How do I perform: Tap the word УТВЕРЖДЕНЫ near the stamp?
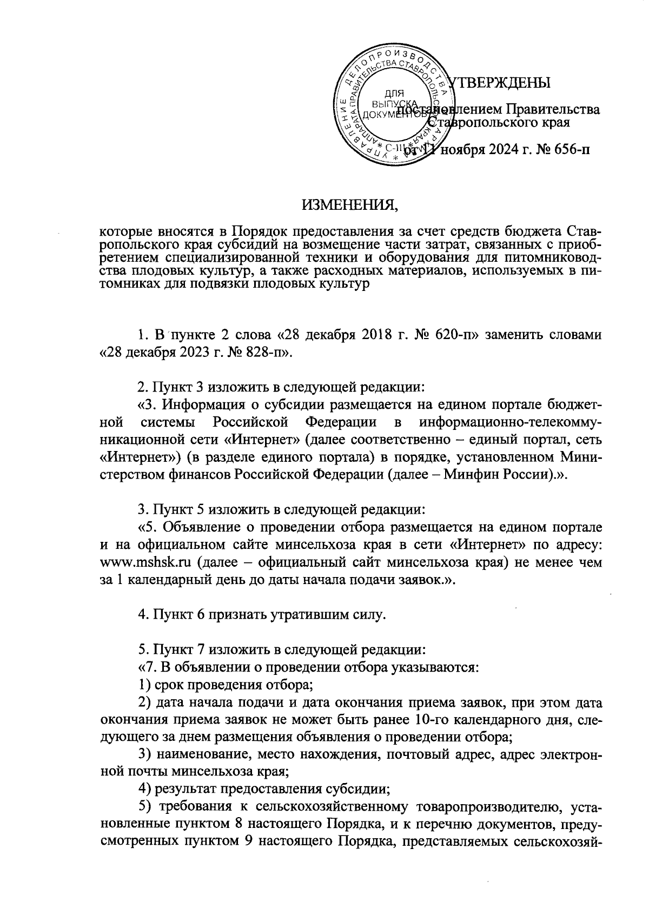[500, 82]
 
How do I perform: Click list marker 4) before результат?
[145, 787]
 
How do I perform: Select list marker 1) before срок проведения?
[145, 684]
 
